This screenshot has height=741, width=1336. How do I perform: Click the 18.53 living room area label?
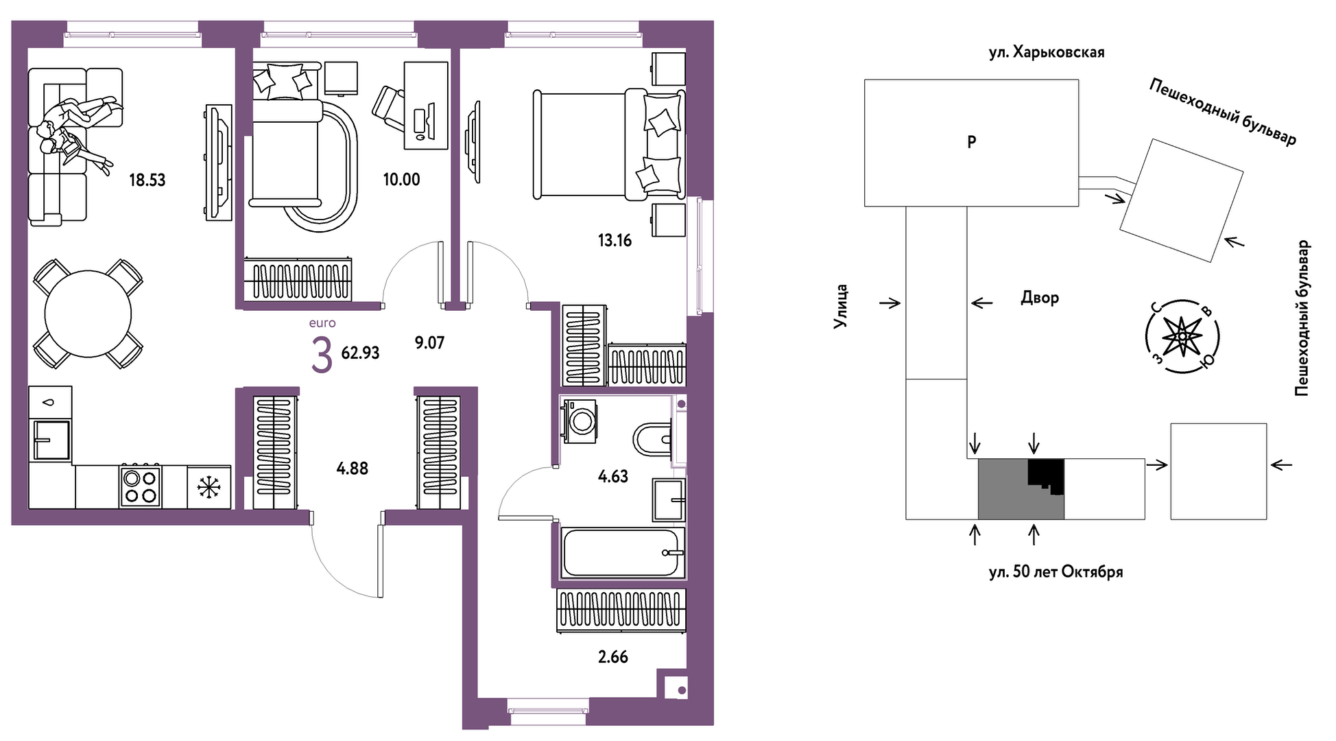click(147, 180)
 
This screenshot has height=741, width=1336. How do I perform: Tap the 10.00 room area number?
click(401, 180)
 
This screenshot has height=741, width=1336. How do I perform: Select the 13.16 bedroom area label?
click(615, 241)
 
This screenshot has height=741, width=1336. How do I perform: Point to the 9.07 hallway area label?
click(429, 342)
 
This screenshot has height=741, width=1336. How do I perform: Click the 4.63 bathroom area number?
click(613, 476)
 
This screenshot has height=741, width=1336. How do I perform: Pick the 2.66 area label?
click(613, 657)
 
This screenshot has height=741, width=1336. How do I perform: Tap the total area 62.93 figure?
click(361, 353)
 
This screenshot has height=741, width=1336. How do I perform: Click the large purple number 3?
click(322, 355)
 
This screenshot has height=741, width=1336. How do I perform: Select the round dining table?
click(88, 314)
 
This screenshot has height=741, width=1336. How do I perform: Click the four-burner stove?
click(141, 486)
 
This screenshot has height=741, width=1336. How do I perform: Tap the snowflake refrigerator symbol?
click(208, 487)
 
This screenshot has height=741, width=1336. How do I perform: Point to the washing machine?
click(580, 421)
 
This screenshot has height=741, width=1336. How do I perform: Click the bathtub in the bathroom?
click(623, 553)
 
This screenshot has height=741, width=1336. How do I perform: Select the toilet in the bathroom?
click(652, 439)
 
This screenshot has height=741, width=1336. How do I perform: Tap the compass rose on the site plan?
click(1182, 336)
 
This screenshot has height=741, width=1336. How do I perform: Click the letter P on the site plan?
click(971, 142)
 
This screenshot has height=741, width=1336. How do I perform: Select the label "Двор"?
click(1040, 298)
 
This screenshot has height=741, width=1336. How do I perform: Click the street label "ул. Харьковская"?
click(1047, 52)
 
